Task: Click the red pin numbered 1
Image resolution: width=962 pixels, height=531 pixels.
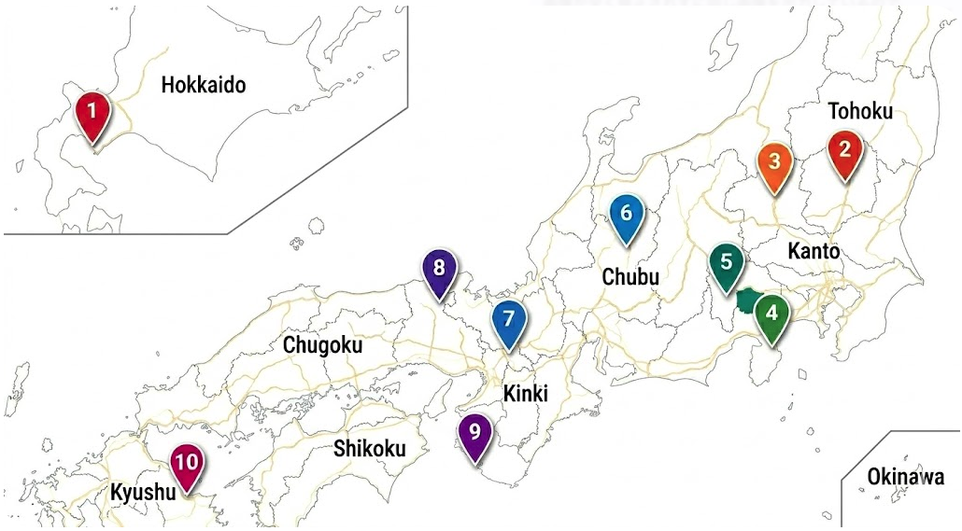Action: coord(92,112)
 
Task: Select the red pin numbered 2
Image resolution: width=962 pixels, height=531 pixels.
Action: coord(845,150)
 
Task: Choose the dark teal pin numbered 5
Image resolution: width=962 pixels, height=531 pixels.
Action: coord(727,263)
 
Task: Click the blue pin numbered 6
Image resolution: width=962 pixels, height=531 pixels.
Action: coord(626,214)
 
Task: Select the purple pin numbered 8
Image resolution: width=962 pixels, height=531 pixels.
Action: coord(438,268)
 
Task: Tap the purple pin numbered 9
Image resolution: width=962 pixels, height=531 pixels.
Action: coord(475,433)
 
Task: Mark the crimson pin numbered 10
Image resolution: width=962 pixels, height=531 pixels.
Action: coord(187,463)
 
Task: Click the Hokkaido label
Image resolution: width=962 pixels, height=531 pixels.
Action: coord(204,86)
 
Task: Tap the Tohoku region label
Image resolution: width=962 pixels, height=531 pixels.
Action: coord(860,112)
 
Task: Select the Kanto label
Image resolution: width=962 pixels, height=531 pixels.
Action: coord(813,251)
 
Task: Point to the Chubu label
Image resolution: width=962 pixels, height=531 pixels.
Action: coord(630,277)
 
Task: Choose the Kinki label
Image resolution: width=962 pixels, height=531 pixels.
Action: coord(525,393)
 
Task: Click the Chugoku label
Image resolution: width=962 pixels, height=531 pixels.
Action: coord(322,345)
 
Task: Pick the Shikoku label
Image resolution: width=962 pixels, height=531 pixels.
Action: coord(370,449)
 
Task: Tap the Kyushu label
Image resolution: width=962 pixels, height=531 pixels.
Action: coord(143,492)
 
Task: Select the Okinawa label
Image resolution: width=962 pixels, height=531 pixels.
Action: coord(905,477)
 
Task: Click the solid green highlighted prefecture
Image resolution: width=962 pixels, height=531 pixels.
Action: coord(747,300)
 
